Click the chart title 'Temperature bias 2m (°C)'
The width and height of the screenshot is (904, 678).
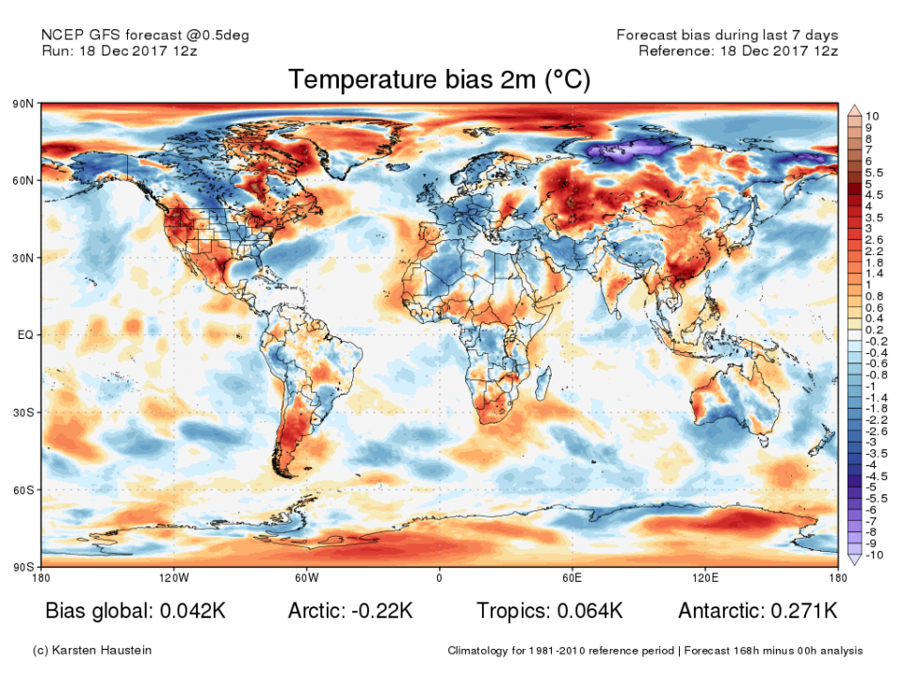coord(439,80)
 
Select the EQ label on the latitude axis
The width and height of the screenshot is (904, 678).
coord(25,334)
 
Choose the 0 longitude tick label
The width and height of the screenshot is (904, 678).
coord(439,577)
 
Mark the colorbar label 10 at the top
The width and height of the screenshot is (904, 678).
coord(872,115)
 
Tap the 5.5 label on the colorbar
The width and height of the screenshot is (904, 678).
coord(873,172)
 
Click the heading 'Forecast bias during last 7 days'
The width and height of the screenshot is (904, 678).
coord(727,35)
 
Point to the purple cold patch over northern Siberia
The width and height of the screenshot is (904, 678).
coord(629,148)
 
